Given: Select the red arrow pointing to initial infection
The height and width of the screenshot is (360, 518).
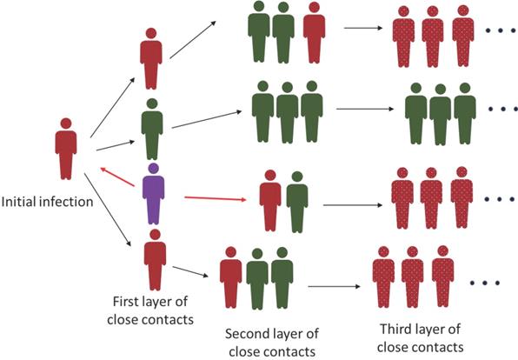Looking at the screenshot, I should point(116,176).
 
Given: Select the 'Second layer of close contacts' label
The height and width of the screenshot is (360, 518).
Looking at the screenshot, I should point(260,342).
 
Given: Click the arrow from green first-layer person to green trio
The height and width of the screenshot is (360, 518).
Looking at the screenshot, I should point(205,120).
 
